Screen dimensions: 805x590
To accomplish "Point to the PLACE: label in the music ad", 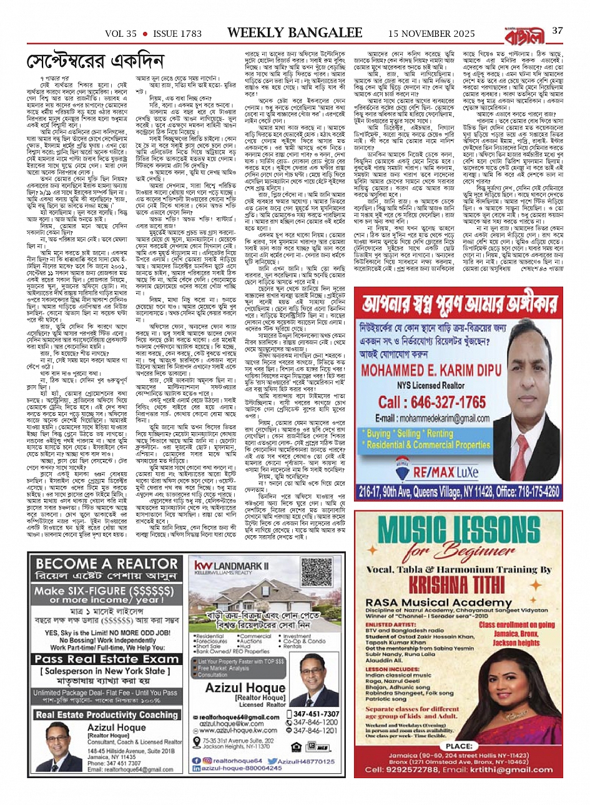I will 459,746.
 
